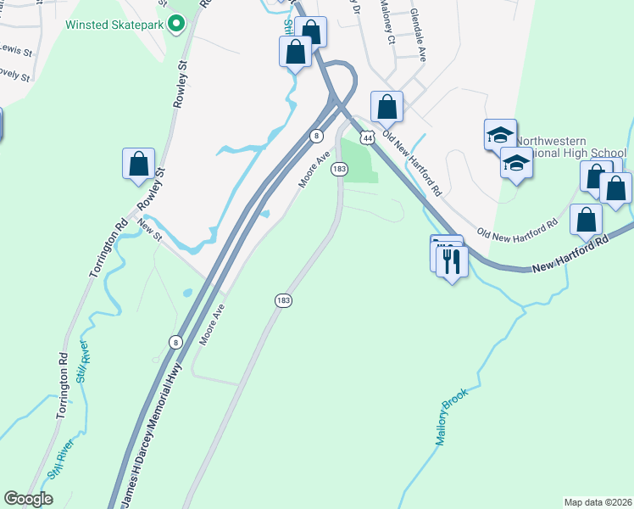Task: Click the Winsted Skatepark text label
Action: pyautogui.click(x=114, y=23)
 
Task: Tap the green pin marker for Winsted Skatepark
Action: pyautogui.click(x=175, y=23)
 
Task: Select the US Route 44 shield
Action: pyautogui.click(x=367, y=137)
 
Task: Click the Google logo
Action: pyautogui.click(x=28, y=499)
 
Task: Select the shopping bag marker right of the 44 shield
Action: pyautogui.click(x=387, y=107)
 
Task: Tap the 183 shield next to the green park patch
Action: pyautogui.click(x=339, y=169)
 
